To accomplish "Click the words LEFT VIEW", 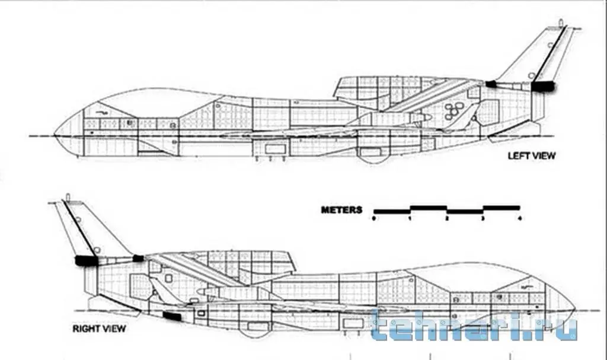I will tap(532, 156).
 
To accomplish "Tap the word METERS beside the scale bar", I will tap(341, 209).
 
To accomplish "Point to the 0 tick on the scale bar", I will tap(374, 218).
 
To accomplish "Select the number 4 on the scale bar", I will tap(520, 218).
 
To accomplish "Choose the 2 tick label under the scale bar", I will tap(447, 218).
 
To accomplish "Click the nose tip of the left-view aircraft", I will tap(55, 132).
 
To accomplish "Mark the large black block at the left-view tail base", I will tap(542, 87).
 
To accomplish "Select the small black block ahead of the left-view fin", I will tap(491, 84).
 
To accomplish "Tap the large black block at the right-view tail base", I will tap(87, 260).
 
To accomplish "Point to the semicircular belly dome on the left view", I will tap(371, 157).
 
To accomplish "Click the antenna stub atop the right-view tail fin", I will tap(68, 196).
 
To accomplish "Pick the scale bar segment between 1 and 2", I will tap(429, 208).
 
